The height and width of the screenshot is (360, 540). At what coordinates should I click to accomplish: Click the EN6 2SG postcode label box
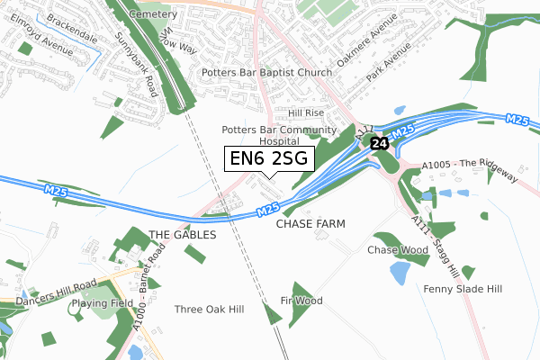pos(269,158)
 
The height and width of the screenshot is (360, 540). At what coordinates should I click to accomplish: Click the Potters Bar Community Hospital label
pos(278,135)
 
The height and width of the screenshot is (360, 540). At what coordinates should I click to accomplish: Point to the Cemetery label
pos(151,15)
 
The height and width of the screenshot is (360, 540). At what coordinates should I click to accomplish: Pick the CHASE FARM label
pos(310,222)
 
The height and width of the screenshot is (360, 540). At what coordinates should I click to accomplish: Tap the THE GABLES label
pos(183,234)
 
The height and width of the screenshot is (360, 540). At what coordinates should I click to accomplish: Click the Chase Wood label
pos(397,249)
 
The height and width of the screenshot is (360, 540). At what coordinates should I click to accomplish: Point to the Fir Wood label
pos(301,300)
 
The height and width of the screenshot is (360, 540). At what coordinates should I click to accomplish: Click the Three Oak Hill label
pos(209,309)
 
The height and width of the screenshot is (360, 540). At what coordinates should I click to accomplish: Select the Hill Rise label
pos(305,113)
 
